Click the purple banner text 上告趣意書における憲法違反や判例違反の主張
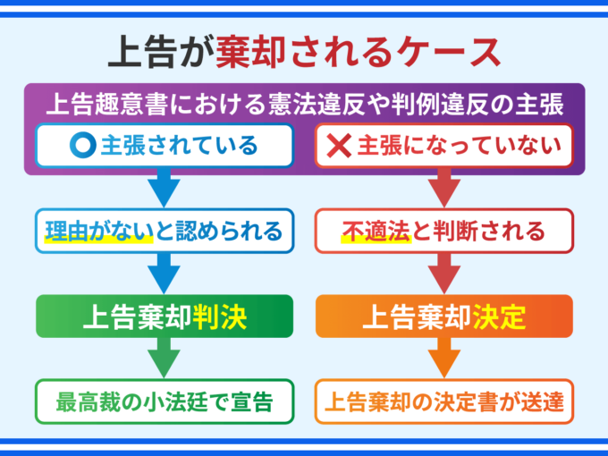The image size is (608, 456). coord(304,104)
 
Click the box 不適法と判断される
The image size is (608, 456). coord(443,231)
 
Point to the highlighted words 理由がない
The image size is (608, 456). coord(89,232)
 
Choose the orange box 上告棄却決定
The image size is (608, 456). coord(443,317)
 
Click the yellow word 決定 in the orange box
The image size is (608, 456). coord(498,317)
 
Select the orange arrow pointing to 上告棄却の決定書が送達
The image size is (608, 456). coord(443,359)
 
